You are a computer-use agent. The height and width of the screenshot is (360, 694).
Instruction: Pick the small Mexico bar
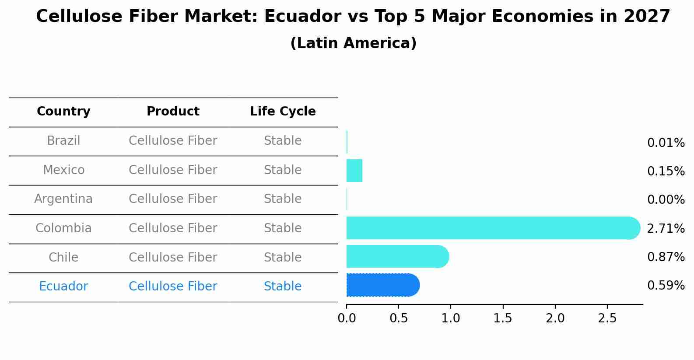tap(354, 171)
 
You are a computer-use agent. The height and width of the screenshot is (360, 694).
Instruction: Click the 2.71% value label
tap(666, 228)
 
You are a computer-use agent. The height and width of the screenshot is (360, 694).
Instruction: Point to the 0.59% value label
tap(666, 286)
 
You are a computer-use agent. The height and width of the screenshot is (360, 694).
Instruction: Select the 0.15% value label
tap(666, 171)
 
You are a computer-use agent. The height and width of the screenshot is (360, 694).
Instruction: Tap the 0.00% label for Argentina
tap(666, 200)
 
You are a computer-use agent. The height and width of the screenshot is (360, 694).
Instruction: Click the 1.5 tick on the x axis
tap(503, 318)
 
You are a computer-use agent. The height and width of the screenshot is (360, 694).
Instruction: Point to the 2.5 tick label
tap(607, 318)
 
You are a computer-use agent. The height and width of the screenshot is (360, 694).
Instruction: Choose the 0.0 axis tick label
tap(347, 318)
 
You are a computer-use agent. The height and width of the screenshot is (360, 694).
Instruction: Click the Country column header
tap(63, 112)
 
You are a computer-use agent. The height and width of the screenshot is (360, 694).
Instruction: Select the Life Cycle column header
tap(283, 112)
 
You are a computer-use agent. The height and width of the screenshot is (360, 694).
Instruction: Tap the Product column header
tap(173, 112)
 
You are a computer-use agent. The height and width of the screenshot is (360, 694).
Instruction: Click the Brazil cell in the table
tap(63, 141)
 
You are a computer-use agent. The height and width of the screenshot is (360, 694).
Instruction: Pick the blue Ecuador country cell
tap(63, 287)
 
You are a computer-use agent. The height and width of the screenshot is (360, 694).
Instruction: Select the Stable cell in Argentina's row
tap(283, 199)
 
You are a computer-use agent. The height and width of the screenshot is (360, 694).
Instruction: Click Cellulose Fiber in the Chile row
tap(173, 257)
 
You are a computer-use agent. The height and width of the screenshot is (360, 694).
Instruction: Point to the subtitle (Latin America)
tap(353, 43)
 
